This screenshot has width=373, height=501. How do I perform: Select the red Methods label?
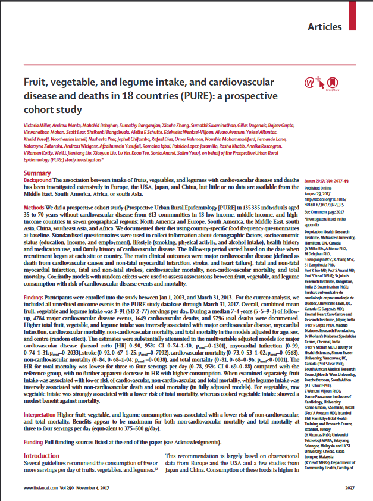coord(34,210)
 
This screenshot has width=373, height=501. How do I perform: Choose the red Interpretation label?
coord(42,396)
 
